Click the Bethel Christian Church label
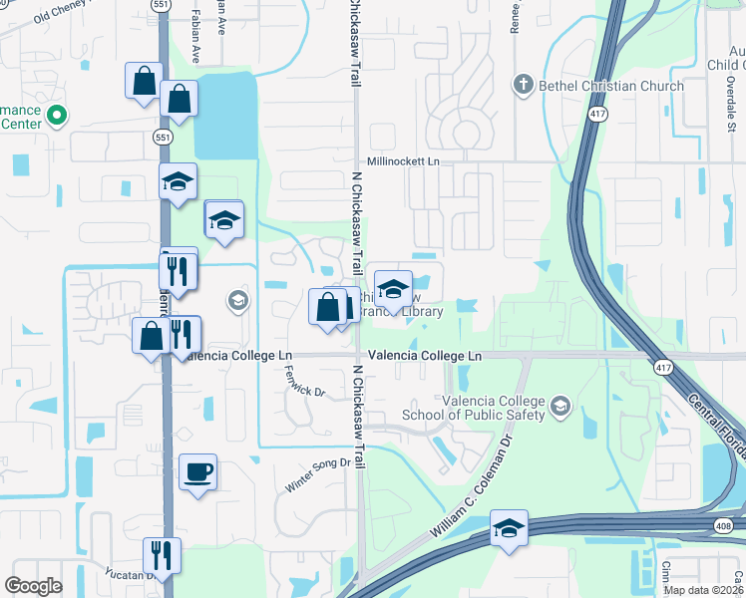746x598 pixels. click(611, 86)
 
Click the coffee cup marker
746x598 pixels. click(197, 471)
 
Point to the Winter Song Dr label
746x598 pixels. click(320, 462)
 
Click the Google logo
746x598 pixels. click(34, 585)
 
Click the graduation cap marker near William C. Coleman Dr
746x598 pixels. click(509, 528)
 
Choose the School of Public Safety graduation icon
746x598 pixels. click(560, 406)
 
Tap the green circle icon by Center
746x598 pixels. click(57, 116)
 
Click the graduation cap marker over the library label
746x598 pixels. click(394, 289)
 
